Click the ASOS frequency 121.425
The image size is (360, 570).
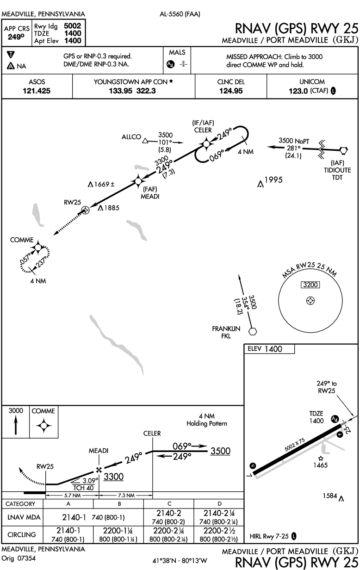click(x=37, y=91)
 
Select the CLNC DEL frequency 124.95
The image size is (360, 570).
click(x=231, y=91)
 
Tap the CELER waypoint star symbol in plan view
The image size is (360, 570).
click(x=206, y=144)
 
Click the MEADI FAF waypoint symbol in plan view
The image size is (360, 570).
click(x=138, y=181)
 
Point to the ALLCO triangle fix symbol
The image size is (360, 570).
click(x=145, y=141)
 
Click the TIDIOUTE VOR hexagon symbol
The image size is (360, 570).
click(x=344, y=150)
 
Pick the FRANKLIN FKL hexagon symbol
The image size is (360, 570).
click(x=252, y=331)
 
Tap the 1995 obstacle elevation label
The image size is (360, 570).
click(x=273, y=180)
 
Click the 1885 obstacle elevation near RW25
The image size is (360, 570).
click(x=112, y=208)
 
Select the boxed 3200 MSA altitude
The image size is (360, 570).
click(x=310, y=285)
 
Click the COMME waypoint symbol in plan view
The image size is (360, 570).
click(x=38, y=247)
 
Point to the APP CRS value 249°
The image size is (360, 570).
click(x=16, y=37)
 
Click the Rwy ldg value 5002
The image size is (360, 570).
click(x=73, y=26)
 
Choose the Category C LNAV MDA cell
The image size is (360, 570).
click(x=168, y=517)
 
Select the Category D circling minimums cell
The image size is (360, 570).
click(x=219, y=534)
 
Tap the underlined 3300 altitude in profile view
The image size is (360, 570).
click(x=113, y=477)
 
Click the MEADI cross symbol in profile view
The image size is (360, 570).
click(x=99, y=470)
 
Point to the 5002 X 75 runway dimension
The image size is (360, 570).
click(x=295, y=445)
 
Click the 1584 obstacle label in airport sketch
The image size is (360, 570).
click(x=330, y=496)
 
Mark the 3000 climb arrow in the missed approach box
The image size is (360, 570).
click(x=16, y=425)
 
